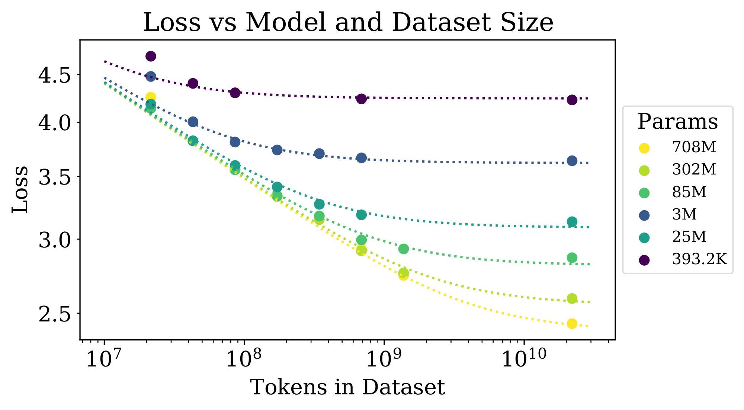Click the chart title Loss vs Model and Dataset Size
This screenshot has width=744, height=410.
click(348, 22)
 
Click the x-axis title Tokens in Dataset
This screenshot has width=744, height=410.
click(347, 387)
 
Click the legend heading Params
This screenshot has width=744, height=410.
click(677, 122)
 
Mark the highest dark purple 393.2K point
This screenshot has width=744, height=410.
click(151, 56)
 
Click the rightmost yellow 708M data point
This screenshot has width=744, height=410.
click(572, 323)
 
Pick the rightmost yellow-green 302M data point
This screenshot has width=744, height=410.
click(572, 298)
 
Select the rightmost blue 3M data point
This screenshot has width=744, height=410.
click(572, 161)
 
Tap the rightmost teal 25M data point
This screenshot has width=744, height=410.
click(572, 222)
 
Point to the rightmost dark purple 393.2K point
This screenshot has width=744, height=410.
click(572, 100)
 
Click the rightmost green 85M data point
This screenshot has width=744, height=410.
click(572, 257)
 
